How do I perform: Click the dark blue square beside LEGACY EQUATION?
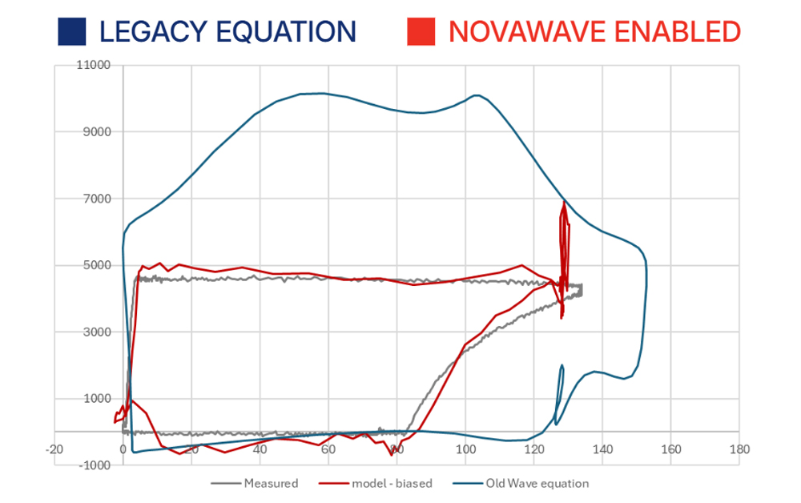coord(71,31)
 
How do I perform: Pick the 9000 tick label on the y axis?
coord(98,132)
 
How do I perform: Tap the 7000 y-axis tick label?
coord(98,199)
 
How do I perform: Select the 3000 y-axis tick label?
coord(98,332)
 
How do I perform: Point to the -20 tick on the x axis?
coord(54,449)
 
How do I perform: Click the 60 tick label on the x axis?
coord(328,449)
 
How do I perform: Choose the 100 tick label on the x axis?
coord(465,449)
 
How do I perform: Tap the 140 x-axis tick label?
coord(602,449)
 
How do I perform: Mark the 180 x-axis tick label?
coord(739,449)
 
